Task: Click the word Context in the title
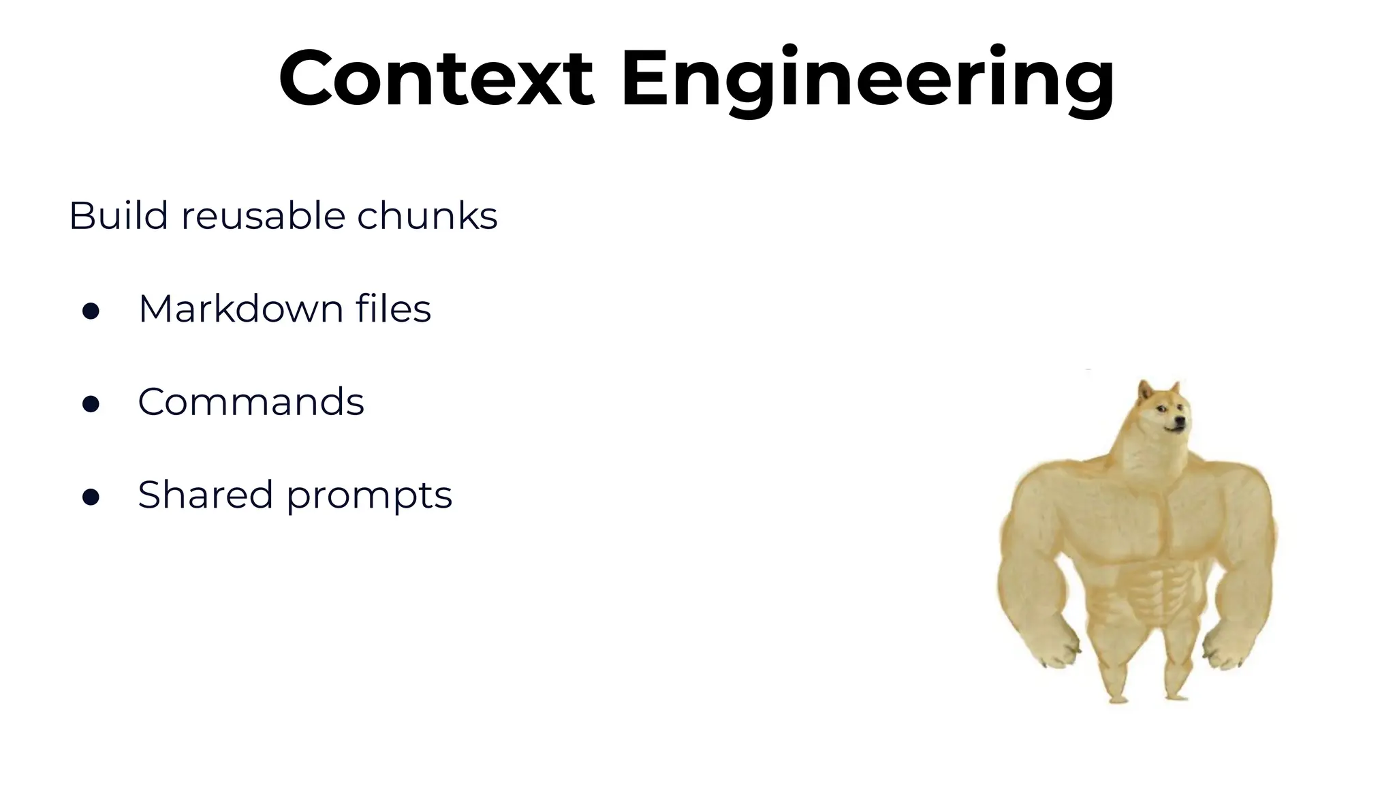436,78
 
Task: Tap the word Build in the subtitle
118,216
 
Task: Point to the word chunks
427,216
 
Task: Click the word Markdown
240,309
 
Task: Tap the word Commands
251,402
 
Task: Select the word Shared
205,495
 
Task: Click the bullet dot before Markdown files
91,311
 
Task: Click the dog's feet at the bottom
1151,696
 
